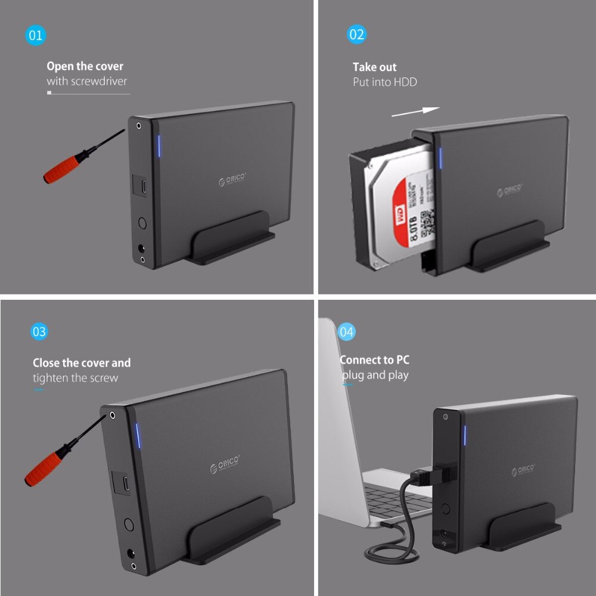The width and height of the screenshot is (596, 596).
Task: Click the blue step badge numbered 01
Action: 36,35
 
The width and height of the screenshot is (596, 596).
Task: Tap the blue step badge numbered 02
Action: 356,34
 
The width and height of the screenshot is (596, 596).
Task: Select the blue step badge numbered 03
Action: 39,331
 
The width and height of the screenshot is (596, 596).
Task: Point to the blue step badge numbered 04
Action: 346,331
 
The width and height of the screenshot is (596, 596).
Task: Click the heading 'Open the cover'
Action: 85,66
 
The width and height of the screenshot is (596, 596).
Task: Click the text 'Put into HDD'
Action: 384,82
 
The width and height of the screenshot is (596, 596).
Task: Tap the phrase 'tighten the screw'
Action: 76,378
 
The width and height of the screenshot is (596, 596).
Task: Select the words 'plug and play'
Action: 375,375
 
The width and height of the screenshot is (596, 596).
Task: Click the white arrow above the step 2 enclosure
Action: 415,111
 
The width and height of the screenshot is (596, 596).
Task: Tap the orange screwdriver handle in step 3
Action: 45,467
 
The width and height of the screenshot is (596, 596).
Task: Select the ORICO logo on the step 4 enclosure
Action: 523,470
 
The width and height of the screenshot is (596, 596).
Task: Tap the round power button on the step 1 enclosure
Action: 142,224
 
